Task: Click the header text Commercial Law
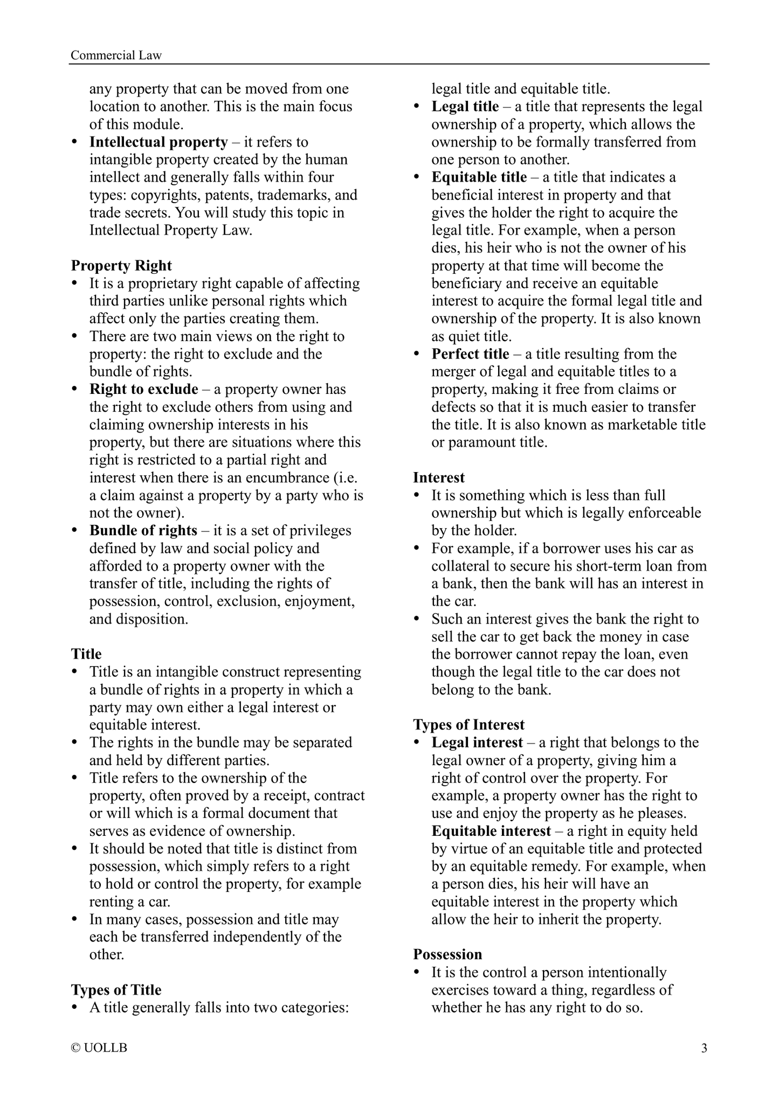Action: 116,56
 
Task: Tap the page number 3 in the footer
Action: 704,1048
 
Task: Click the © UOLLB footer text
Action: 99,1048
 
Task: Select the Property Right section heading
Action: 121,266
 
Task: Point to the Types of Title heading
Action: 116,990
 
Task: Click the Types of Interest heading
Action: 468,725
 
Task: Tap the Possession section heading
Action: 447,954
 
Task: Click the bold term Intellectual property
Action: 158,142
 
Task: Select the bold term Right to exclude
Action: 144,389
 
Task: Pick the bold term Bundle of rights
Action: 143,530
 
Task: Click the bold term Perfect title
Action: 470,354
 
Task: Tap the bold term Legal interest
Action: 477,743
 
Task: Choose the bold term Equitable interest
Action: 491,831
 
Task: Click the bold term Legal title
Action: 465,107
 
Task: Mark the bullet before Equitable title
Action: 416,177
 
